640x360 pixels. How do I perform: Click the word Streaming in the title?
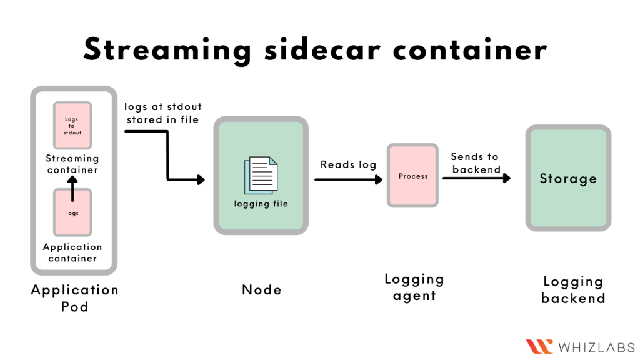167,49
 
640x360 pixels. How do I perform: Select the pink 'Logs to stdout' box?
72,126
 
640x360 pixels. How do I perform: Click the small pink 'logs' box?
72,213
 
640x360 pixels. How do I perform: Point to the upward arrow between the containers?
72,188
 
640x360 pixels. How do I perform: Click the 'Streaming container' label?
72,164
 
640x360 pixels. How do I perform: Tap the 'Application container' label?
72,252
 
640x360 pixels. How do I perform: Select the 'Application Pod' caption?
74,298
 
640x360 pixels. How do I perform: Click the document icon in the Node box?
261,175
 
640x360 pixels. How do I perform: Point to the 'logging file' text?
261,204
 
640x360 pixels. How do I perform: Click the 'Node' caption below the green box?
261,290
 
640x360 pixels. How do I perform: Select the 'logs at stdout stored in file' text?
162,112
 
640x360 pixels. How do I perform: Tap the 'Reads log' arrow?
348,179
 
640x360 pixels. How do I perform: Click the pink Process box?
413,176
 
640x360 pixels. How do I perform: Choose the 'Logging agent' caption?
414,287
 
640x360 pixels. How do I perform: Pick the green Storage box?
568,179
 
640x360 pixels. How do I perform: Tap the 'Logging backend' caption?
573,290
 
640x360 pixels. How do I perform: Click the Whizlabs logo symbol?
539,346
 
